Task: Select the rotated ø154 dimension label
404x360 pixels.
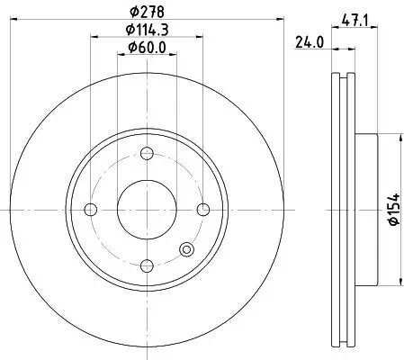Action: click(x=392, y=209)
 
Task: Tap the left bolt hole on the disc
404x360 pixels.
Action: click(x=89, y=210)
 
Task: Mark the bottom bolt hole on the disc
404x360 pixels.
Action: click(x=146, y=265)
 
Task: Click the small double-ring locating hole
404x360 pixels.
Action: click(x=187, y=251)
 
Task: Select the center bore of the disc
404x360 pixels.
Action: click(x=146, y=210)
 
